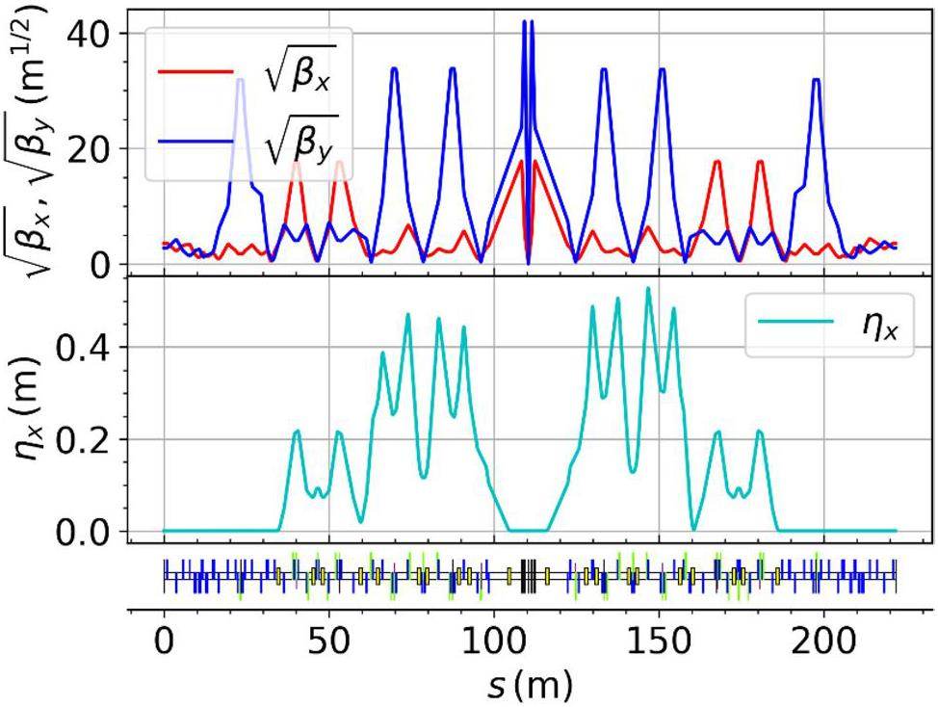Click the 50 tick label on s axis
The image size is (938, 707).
328,639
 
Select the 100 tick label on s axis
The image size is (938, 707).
493,639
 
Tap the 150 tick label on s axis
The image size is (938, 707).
659,639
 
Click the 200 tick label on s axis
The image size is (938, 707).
824,639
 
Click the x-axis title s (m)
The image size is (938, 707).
528,685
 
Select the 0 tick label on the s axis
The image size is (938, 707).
164,639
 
